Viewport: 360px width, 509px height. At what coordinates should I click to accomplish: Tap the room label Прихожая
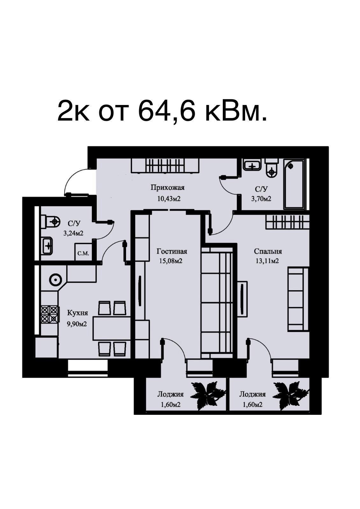pyautogui.click(x=168, y=188)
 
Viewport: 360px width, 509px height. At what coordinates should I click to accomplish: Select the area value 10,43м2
pyautogui.click(x=169, y=199)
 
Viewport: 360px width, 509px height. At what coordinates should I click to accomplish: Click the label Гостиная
pyautogui.click(x=172, y=252)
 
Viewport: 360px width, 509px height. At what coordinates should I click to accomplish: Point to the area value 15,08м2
pyautogui.click(x=171, y=261)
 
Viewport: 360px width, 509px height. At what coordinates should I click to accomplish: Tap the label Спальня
pyautogui.click(x=268, y=252)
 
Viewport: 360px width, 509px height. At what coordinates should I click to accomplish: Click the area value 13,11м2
pyautogui.click(x=267, y=261)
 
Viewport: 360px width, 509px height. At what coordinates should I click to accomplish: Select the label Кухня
pyautogui.click(x=78, y=313)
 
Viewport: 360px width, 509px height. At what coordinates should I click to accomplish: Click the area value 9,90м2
pyautogui.click(x=77, y=323)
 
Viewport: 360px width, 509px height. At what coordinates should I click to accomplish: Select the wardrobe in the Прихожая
pyautogui.click(x=165, y=166)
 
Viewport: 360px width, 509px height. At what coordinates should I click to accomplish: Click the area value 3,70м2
pyautogui.click(x=261, y=199)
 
